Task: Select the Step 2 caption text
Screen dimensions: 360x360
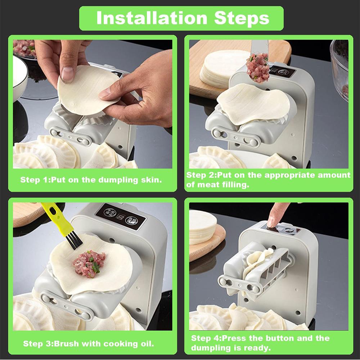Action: [268, 180]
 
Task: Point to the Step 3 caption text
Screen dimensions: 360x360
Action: [89, 343]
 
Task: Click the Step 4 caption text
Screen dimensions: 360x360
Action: [260, 343]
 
